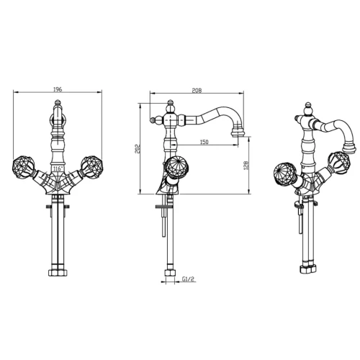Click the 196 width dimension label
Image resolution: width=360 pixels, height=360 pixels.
pos(58,89)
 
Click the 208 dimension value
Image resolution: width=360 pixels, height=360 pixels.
pos(197,91)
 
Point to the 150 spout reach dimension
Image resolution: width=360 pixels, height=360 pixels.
pos(204,142)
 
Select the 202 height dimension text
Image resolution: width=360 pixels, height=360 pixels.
pos(137,149)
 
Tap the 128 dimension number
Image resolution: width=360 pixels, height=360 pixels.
pos(246,166)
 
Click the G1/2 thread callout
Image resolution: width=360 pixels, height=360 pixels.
pos(188,279)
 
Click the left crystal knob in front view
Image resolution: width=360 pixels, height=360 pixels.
pos(24,166)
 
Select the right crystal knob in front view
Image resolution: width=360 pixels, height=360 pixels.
pos(92,166)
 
